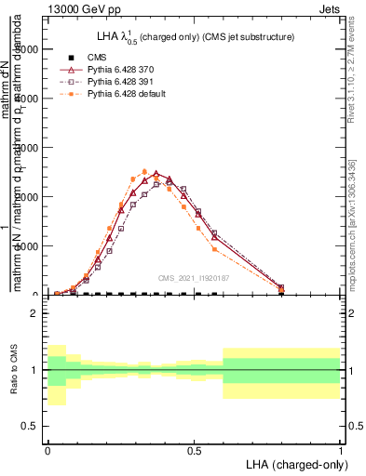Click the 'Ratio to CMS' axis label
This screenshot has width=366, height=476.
coord(14,370)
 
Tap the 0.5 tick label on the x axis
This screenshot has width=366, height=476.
coord(194,450)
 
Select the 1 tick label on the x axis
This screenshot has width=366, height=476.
coord(341,450)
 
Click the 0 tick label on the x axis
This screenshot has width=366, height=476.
coord(47,450)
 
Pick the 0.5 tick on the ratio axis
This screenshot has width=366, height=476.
coord(29,426)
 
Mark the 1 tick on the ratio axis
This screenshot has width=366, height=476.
coord(34,370)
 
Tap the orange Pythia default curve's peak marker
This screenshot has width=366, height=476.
coord(144,171)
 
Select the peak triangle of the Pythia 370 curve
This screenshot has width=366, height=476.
coord(156,174)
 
